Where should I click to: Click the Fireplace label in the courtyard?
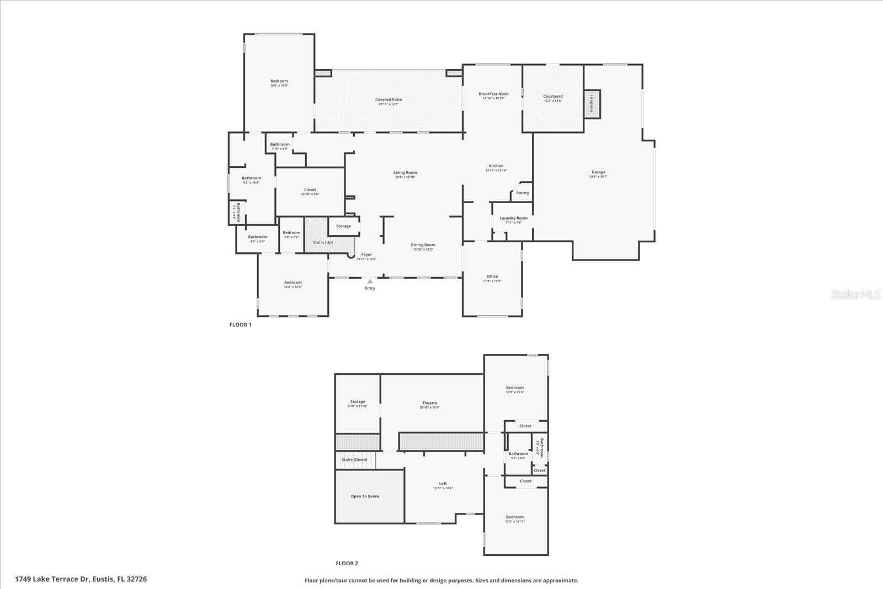pos(592,104)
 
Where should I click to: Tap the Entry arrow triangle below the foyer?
pos(370,282)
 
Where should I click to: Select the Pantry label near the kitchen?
pos(523,193)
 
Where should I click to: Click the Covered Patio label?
pos(389,100)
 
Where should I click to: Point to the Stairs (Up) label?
pos(323,242)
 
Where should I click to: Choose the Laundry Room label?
pos(513,218)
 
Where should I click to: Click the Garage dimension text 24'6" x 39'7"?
pos(598,177)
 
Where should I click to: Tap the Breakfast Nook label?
pos(493,94)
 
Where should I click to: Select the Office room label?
pos(492,277)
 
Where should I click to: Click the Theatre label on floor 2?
pos(429,403)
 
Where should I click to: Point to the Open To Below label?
pos(365,496)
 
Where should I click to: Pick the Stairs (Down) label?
pos(354,460)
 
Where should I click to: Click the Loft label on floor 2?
pos(443,484)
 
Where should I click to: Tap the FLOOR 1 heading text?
pos(240,325)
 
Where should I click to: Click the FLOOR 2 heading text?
pos(347,564)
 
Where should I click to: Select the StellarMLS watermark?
pos(855,295)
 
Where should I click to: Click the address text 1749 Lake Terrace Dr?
pos(52,579)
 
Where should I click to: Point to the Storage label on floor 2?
pos(357,402)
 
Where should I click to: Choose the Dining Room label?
pos(423,245)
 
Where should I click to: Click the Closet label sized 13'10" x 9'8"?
pos(310,189)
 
